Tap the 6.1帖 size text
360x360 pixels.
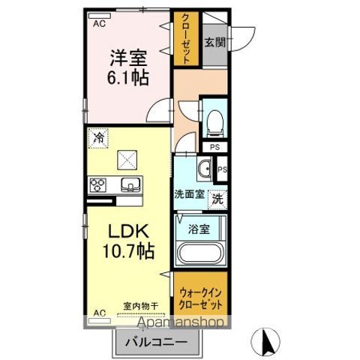128,77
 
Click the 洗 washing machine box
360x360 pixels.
216,199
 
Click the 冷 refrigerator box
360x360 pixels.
98,137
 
